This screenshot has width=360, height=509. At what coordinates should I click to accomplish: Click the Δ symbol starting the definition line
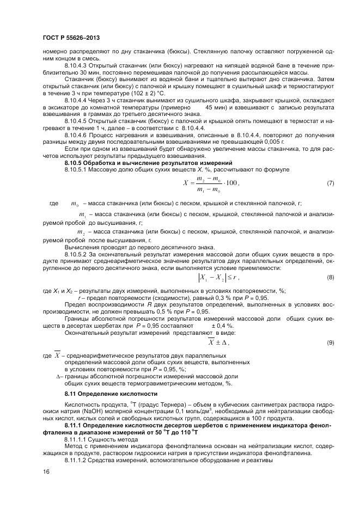point(59,376)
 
